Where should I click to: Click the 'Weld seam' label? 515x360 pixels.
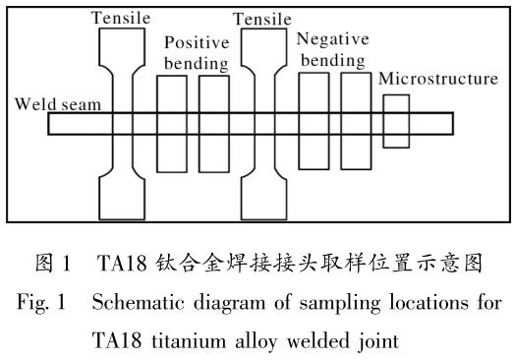[x=58, y=104]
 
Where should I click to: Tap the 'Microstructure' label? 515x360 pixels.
[x=438, y=79]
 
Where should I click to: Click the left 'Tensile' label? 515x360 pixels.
[x=121, y=18]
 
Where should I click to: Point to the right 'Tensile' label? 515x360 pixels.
[x=262, y=19]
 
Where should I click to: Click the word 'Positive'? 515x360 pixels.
[x=197, y=42]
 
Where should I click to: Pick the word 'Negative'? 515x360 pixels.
[x=333, y=39]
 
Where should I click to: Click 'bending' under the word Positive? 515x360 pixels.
[x=197, y=64]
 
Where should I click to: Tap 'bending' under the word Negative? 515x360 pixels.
[x=333, y=61]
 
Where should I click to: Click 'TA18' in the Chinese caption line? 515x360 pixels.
[x=122, y=263]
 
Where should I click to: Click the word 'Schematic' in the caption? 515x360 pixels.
[x=138, y=302]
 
